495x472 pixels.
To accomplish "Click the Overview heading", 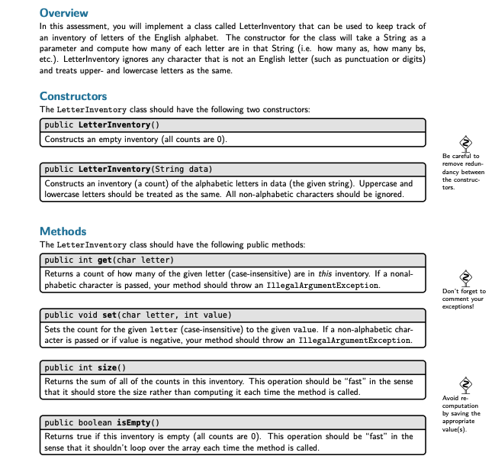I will tap(63, 13).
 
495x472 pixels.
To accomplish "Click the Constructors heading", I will tap(73, 96).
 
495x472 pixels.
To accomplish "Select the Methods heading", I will tap(63, 231).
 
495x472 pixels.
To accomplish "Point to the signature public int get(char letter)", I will tap(110, 260).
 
